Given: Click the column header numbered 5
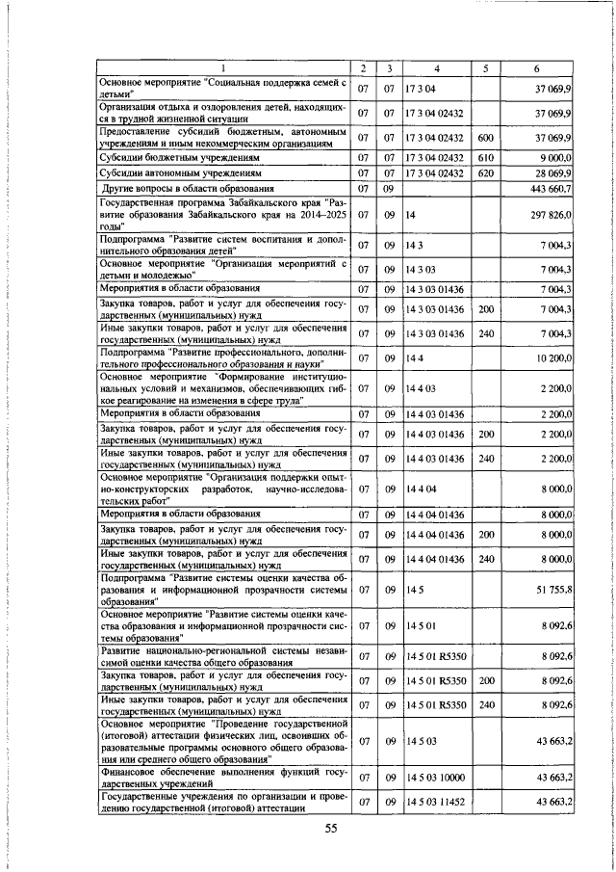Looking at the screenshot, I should coord(485,68).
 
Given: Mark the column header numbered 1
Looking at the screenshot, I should coord(224,68).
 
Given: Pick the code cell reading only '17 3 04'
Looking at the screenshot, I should coord(422,88).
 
